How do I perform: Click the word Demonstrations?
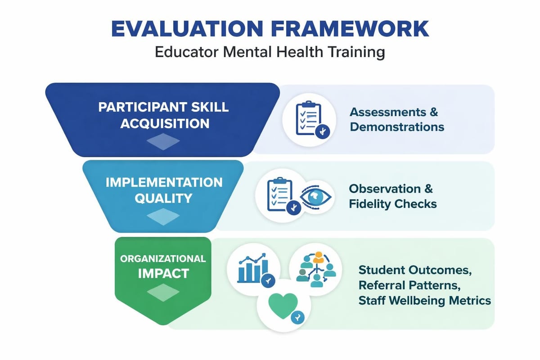coord(397,127)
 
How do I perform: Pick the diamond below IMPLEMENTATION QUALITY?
coord(163,217)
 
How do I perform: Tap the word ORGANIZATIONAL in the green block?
coord(163,259)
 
